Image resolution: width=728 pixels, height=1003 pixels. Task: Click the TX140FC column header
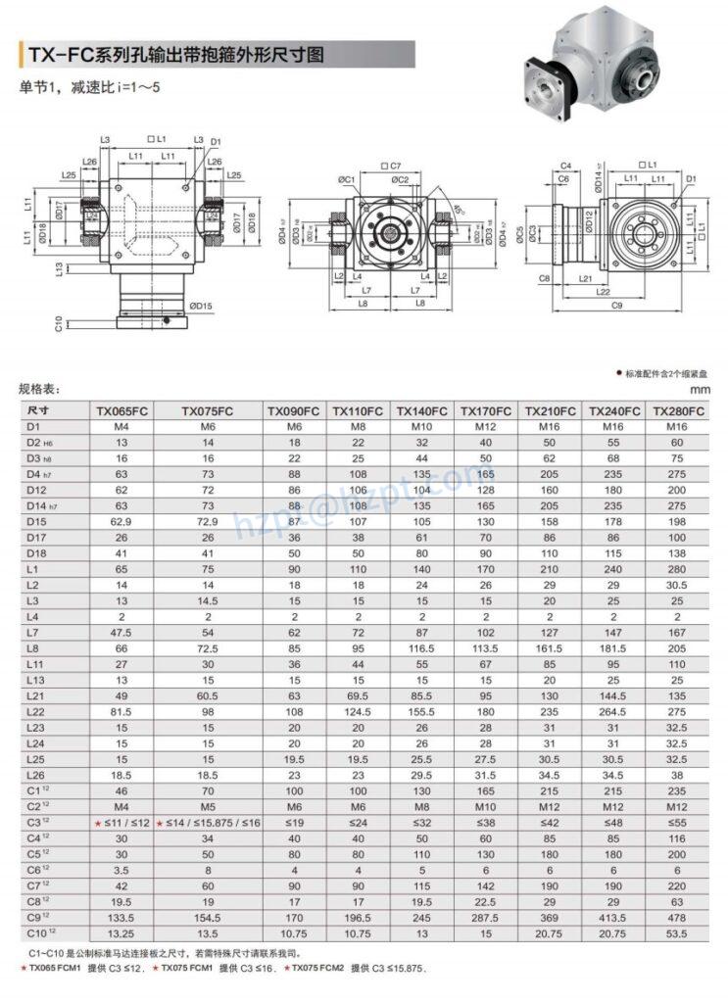(x=421, y=411)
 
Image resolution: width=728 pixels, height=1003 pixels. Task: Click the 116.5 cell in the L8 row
(x=421, y=648)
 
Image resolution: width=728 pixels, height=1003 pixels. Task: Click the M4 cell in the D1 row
(x=122, y=427)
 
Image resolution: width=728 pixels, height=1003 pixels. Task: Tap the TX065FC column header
(x=122, y=411)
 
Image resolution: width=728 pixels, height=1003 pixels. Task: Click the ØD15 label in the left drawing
(x=200, y=307)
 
